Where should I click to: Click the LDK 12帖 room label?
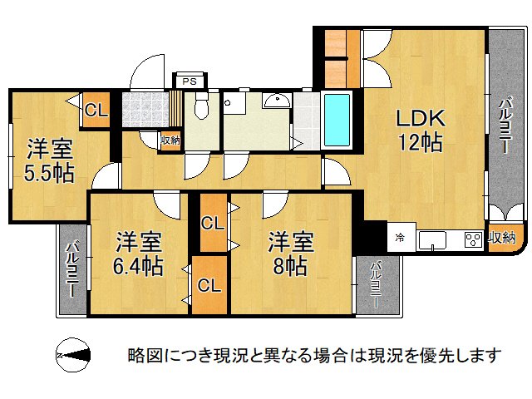pos(421,130)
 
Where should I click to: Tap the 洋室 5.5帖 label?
pos(49,160)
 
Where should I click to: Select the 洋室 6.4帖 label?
pos(138,254)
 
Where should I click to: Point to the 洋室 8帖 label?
pos(290,254)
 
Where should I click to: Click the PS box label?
pos(190,81)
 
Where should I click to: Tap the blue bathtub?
pos(337,120)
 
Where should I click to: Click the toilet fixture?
pos(201,105)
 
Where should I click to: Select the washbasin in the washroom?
pos(277,101)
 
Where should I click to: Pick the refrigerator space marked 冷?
pos(401,237)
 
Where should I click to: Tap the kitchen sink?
pos(432,240)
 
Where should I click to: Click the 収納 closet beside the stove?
pos(502,238)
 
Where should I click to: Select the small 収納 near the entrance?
pos(170,140)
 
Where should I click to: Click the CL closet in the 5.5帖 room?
pos(96,110)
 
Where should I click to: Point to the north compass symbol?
pos(73,355)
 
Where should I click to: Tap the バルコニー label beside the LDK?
pos(505,125)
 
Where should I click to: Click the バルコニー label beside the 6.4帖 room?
pos(72,269)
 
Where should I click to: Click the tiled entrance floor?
pos(145,109)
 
